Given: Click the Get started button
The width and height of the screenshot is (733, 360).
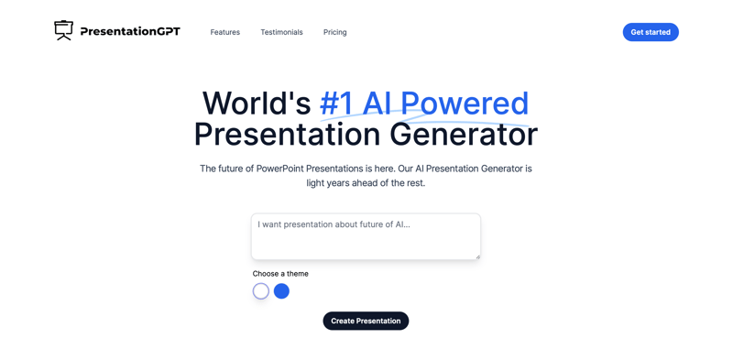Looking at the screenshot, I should pyautogui.click(x=651, y=32).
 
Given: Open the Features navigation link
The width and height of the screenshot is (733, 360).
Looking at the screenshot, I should pyautogui.click(x=224, y=32).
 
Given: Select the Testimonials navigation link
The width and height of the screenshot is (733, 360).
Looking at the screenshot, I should pyautogui.click(x=281, y=32).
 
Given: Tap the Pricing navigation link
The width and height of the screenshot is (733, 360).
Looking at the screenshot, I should pyautogui.click(x=334, y=32).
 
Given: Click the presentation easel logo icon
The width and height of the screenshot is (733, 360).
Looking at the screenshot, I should pyautogui.click(x=63, y=30).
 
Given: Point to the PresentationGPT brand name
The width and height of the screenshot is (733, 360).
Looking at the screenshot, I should pyautogui.click(x=130, y=31).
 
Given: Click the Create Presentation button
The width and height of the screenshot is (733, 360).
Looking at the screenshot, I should pyautogui.click(x=366, y=321).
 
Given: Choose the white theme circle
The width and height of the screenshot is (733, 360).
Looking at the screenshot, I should pyautogui.click(x=261, y=291).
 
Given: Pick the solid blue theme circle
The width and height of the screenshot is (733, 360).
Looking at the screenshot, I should pyautogui.click(x=281, y=291).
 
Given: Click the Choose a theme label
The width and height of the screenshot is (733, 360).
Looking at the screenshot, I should pyautogui.click(x=280, y=274).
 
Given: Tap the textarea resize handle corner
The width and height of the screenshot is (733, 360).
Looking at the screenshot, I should pyautogui.click(x=477, y=256).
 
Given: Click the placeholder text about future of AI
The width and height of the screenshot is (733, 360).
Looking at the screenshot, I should pyautogui.click(x=334, y=224).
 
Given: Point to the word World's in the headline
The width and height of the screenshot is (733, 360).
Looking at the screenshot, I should pyautogui.click(x=256, y=104).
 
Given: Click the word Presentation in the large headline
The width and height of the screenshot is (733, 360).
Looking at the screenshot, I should pyautogui.click(x=287, y=135).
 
